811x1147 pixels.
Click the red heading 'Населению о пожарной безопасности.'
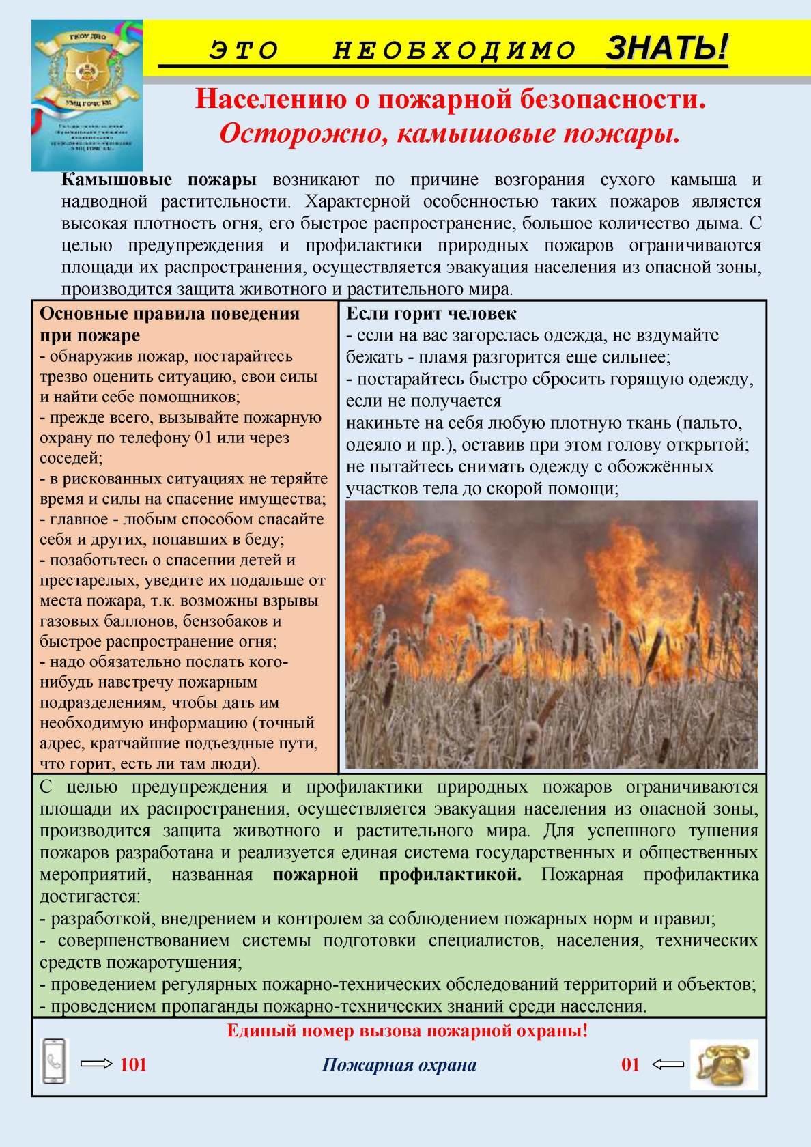click(450, 100)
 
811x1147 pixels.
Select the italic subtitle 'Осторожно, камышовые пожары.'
click(450, 134)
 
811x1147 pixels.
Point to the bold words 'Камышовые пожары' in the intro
click(159, 180)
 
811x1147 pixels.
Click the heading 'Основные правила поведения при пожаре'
click(169, 324)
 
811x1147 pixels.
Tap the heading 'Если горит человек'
click(431, 314)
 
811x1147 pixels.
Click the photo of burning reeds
click(552, 634)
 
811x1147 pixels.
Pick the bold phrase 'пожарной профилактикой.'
click(397, 875)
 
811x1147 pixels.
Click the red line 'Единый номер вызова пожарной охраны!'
click(407, 1031)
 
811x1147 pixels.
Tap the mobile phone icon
click(55, 1061)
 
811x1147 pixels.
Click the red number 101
click(134, 1064)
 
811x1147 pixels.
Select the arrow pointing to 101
click(96, 1064)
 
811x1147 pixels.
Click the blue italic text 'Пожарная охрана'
click(399, 1065)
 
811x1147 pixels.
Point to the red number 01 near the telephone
click(630, 1064)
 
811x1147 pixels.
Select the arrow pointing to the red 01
click(668, 1064)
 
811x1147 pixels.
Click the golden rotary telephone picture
click(724, 1064)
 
